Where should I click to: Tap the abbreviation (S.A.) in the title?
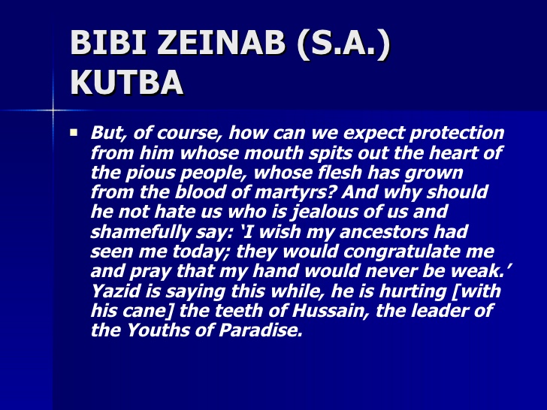tap(344, 44)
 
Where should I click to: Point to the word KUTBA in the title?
tap(126, 83)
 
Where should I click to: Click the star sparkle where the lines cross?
tap(53, 110)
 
